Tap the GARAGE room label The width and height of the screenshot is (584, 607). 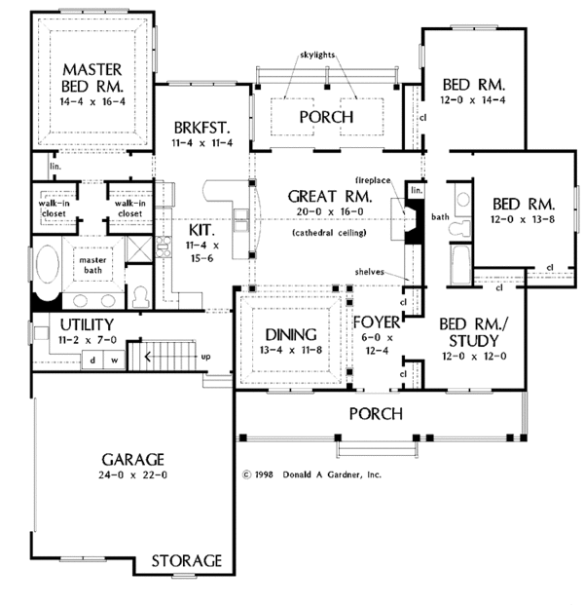click(x=130, y=460)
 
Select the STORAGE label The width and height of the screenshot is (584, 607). click(x=187, y=561)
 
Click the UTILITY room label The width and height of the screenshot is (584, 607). click(x=88, y=324)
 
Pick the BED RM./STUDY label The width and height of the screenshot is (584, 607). click(x=469, y=332)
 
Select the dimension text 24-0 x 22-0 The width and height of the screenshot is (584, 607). click(x=130, y=476)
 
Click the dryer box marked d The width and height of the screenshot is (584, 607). click(x=93, y=360)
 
